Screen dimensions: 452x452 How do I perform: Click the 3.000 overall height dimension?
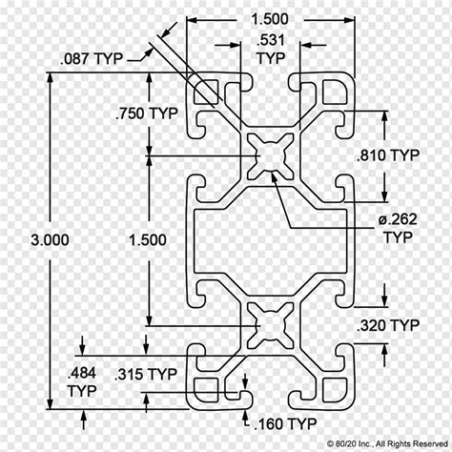[x=50, y=239]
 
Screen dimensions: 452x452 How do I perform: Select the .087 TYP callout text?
[x=92, y=59]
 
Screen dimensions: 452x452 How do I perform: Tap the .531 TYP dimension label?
[x=271, y=50]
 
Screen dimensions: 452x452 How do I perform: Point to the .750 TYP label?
[x=147, y=113]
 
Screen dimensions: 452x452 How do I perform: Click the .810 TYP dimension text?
[x=388, y=155]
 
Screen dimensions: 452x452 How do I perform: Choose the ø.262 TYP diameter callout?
[x=398, y=228]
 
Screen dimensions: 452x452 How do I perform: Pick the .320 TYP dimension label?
[x=388, y=325]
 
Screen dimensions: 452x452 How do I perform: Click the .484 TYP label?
[x=82, y=381]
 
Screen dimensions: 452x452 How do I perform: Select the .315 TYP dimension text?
[x=146, y=374]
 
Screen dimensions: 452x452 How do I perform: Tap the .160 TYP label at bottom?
[x=285, y=423]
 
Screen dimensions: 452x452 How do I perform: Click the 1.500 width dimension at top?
[x=270, y=19]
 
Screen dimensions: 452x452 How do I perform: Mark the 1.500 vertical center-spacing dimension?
[x=148, y=240]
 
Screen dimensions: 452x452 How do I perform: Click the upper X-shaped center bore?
[x=271, y=156]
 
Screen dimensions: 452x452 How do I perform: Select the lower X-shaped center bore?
[x=271, y=325]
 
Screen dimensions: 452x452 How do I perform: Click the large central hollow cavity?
[x=270, y=240]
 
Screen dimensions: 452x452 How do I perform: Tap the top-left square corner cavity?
[x=206, y=92]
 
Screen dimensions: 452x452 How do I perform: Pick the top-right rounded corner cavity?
[x=335, y=92]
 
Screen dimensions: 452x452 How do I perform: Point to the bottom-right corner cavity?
[x=335, y=390]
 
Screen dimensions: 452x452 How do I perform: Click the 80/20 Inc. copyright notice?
[x=387, y=443]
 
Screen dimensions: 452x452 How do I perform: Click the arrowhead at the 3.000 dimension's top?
[x=50, y=77]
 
